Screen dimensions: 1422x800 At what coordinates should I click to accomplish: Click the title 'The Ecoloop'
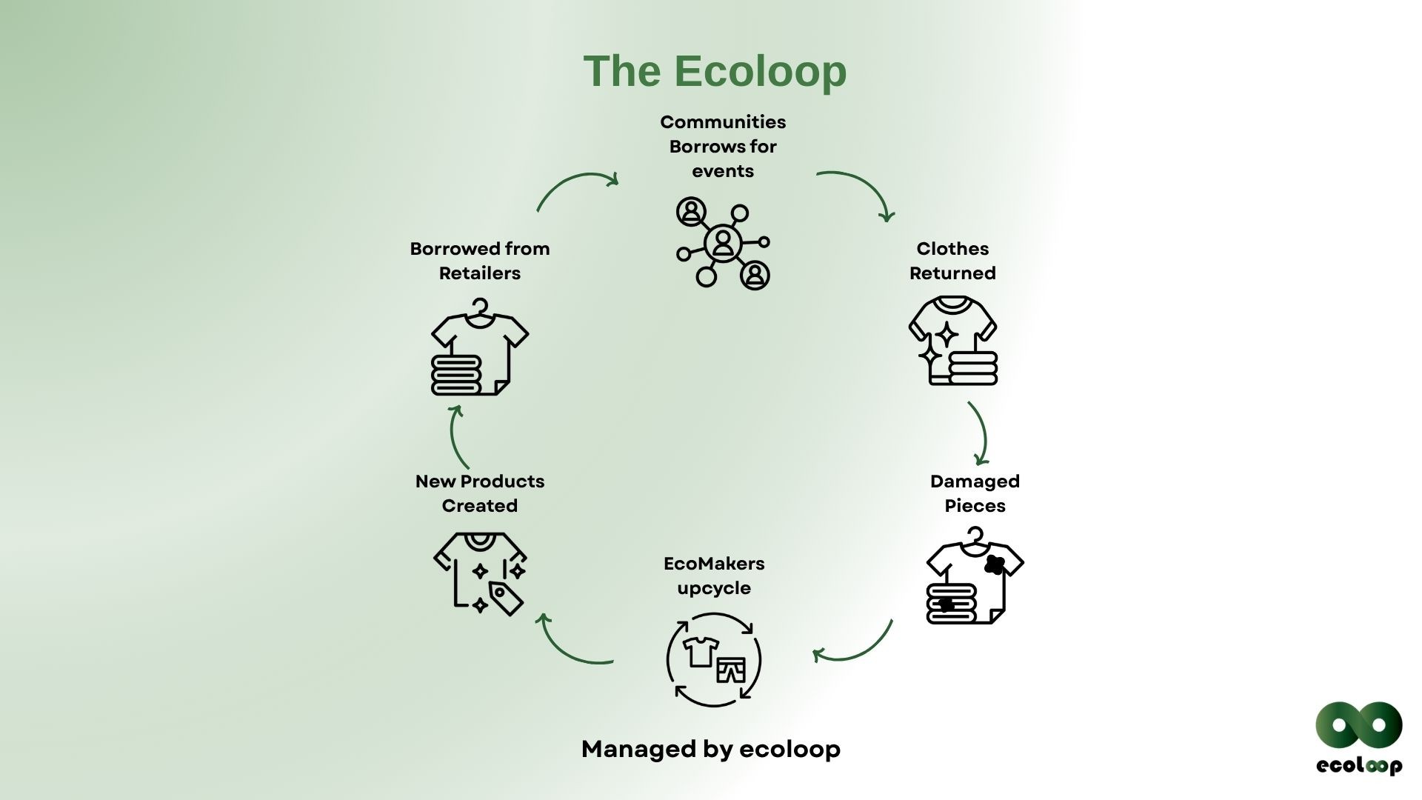[715, 71]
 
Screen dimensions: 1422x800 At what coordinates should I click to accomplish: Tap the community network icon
[723, 243]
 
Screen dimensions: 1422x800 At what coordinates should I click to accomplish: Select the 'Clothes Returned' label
[952, 261]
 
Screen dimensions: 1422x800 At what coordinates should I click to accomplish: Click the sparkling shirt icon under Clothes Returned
[953, 341]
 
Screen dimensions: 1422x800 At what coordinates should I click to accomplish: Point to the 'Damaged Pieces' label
[975, 493]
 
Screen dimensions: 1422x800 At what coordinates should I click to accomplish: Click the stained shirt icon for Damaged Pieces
[975, 576]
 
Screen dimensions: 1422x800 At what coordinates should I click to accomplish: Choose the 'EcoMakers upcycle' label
[714, 576]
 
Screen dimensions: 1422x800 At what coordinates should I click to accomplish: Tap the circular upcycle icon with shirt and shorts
[714, 659]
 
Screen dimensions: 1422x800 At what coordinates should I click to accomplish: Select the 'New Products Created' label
[480, 493]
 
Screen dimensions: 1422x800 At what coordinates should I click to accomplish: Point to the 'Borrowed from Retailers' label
[480, 261]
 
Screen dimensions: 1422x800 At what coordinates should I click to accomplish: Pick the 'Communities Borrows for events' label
[723, 147]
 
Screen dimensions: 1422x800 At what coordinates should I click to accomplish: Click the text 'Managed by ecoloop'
[711, 749]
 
